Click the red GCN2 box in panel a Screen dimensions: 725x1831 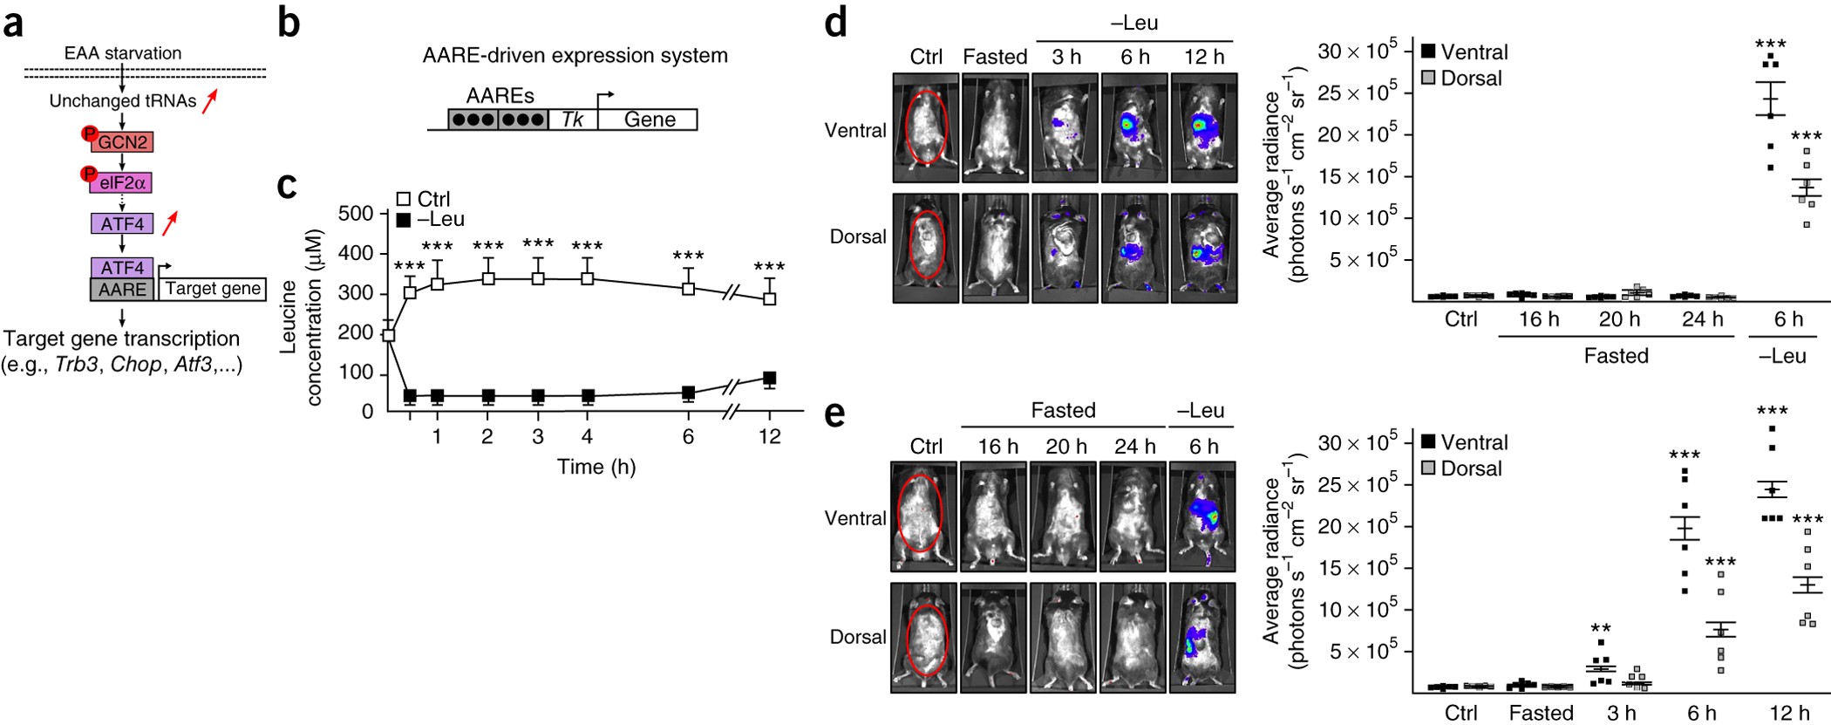122,142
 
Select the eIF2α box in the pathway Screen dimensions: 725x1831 122,182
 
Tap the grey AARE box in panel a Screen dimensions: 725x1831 122,290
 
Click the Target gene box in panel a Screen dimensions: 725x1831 213,289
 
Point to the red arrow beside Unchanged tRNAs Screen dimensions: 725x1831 209,101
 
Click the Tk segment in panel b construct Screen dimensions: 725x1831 573,120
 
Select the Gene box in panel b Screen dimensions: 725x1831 649,120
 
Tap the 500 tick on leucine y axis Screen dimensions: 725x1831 355,214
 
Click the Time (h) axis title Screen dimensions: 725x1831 596,467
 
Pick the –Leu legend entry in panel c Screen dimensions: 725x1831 431,220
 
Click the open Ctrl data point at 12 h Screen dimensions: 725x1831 769,298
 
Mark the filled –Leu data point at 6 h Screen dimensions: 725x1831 688,393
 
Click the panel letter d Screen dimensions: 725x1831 834,22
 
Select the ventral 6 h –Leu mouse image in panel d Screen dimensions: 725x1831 1134,128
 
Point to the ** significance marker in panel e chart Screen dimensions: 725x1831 1600,628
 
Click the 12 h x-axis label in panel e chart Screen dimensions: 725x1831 1789,713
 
